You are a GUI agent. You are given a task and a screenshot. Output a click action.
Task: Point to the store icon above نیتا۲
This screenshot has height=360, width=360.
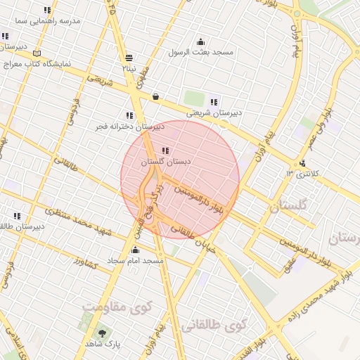[x=129, y=58]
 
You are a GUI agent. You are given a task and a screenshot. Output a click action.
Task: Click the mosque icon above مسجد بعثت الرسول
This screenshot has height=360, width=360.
[x=201, y=41]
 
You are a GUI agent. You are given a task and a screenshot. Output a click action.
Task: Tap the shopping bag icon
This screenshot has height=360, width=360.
[x=155, y=97]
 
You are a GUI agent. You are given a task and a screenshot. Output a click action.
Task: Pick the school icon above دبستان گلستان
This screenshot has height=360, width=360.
[x=165, y=150]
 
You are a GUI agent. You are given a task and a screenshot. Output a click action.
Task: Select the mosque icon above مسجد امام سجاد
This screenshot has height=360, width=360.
[x=136, y=250]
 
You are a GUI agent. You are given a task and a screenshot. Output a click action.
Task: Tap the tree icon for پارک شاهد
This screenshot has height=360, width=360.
[x=103, y=333]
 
